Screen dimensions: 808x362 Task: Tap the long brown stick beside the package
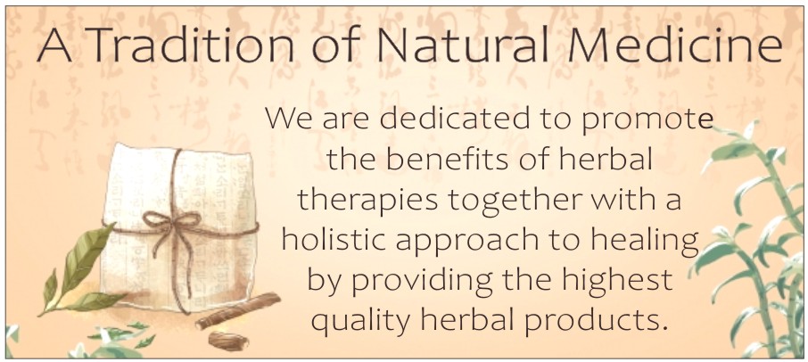(237, 311)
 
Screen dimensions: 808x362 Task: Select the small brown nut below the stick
(228, 341)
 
